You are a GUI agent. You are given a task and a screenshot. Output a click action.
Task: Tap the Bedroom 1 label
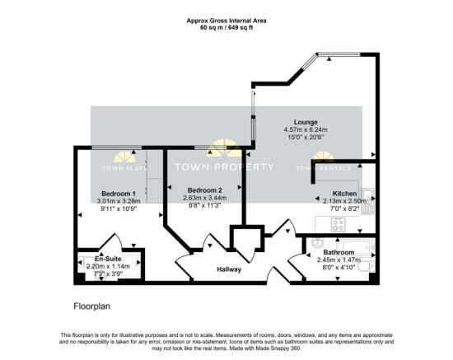(x=107, y=193)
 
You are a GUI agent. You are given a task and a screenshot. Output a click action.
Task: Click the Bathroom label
(x=339, y=252)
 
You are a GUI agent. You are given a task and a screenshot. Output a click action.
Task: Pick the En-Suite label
(x=107, y=258)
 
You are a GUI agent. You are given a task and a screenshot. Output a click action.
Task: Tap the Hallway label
(x=228, y=269)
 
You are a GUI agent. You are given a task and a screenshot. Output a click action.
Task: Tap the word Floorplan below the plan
(x=85, y=305)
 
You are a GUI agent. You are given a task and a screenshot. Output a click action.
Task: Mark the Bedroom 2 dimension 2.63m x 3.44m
(x=203, y=199)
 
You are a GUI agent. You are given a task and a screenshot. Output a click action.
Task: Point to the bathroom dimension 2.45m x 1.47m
(x=339, y=259)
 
